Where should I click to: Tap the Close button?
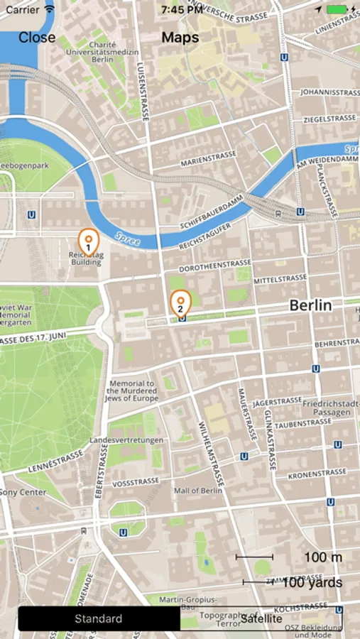point(37,38)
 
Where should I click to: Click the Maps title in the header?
point(180,38)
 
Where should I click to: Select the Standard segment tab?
point(99,619)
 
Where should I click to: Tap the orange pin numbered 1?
point(88,241)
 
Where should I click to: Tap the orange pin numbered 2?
point(180,303)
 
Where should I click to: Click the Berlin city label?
point(310,305)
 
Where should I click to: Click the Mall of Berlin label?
point(198,491)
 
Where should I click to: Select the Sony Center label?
point(23,491)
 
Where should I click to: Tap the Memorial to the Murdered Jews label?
point(132,391)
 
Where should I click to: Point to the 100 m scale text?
point(323,557)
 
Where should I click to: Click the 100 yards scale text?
point(312,583)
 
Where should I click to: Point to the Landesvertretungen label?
point(126,440)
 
